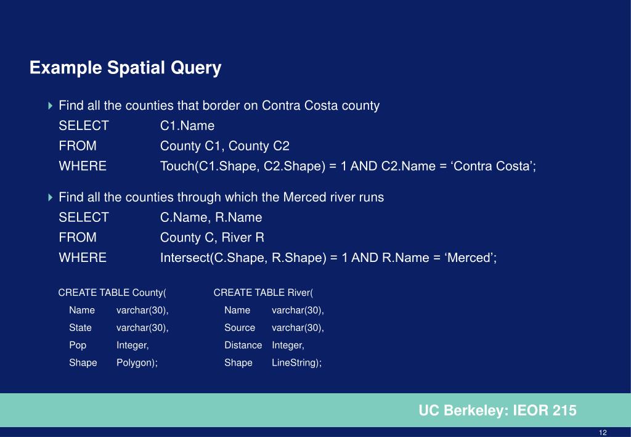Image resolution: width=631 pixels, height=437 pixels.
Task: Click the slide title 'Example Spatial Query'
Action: (125, 68)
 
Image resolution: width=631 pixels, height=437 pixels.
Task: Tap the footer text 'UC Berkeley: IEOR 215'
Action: (497, 410)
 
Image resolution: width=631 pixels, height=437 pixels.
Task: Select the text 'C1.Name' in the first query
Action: (187, 126)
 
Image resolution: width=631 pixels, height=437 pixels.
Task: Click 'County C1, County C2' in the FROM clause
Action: (225, 146)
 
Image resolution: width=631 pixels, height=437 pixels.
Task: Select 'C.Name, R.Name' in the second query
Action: (211, 218)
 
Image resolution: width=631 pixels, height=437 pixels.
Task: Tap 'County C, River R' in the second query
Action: (212, 238)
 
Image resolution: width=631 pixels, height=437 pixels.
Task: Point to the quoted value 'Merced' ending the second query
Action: (471, 258)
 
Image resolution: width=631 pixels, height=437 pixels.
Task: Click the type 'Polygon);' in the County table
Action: (137, 363)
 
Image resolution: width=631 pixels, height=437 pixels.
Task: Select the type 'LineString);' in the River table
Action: (296, 363)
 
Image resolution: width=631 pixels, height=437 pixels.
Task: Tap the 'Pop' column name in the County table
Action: (78, 345)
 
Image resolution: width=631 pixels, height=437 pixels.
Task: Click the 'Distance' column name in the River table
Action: (243, 345)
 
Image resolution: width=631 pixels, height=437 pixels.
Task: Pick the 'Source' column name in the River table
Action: (240, 328)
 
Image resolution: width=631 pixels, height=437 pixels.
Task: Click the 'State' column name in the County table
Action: (80, 328)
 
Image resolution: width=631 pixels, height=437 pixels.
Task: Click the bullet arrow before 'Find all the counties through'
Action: (51, 198)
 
